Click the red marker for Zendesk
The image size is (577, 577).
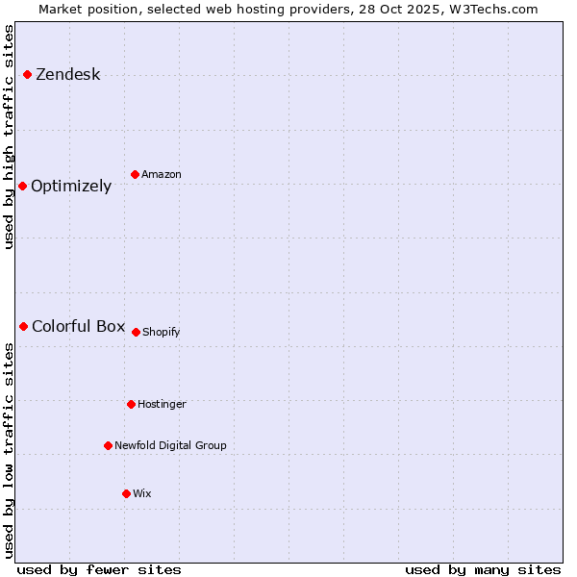tap(27, 75)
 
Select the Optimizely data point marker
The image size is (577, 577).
tap(22, 186)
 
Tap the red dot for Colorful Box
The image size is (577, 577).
tap(23, 326)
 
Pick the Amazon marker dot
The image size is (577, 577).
tap(135, 174)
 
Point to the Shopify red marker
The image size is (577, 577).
tap(136, 332)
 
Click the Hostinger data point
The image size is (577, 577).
tap(131, 404)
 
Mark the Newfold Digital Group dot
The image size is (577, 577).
tap(108, 445)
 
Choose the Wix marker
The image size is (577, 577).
tap(126, 493)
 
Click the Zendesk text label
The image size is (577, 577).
tap(67, 75)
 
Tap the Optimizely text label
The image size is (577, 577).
tap(71, 187)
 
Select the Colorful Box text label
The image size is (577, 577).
tap(78, 326)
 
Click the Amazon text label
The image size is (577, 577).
tap(161, 175)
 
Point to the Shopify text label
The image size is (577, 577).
tap(161, 333)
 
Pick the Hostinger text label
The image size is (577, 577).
tap(162, 405)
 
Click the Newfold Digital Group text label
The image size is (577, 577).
tap(170, 446)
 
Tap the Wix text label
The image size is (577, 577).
tap(141, 494)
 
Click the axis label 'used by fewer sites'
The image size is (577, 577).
tap(99, 569)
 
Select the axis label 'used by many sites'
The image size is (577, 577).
tap(483, 569)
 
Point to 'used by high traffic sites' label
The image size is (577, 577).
tap(9, 137)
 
